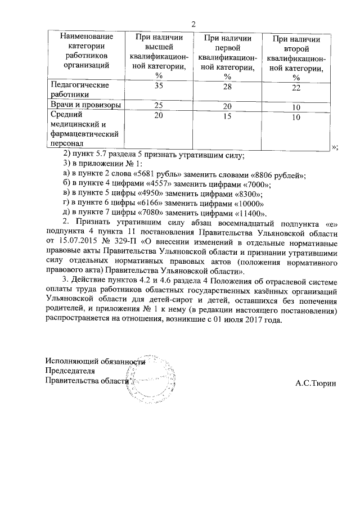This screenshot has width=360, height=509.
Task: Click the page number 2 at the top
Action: (193, 24)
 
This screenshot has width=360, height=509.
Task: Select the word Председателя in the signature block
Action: (70, 371)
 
